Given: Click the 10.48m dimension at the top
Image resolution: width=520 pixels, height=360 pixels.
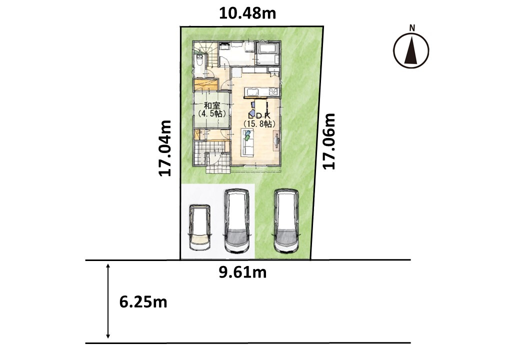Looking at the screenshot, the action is [247, 13].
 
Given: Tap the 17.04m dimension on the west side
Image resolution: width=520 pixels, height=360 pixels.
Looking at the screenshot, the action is [165, 148].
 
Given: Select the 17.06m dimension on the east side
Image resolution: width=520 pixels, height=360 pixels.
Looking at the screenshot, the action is [329, 141].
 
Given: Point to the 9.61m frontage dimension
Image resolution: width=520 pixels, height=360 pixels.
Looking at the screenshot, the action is [243, 272].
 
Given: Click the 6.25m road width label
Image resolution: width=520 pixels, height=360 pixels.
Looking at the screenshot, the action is [143, 302].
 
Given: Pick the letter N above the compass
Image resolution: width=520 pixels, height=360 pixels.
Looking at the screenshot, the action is [412, 28].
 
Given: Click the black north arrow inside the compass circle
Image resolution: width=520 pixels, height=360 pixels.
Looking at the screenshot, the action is [411, 50].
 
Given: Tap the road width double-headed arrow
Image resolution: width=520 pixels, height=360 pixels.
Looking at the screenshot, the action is [108, 301].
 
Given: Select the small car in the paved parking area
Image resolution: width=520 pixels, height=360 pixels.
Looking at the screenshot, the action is [199, 227].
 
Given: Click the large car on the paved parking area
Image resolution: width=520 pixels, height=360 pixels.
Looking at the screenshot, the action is [237, 221].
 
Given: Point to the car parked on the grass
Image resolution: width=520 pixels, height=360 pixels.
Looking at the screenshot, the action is [286, 221].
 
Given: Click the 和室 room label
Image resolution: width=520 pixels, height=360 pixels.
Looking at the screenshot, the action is [212, 106].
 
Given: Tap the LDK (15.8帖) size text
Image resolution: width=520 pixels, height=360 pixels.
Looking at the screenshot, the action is [259, 123].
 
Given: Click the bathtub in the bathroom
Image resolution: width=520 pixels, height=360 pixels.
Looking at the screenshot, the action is [268, 48].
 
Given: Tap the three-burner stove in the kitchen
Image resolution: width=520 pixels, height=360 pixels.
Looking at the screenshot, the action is [273, 91].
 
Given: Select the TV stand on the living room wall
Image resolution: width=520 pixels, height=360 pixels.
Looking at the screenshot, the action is [276, 140].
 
